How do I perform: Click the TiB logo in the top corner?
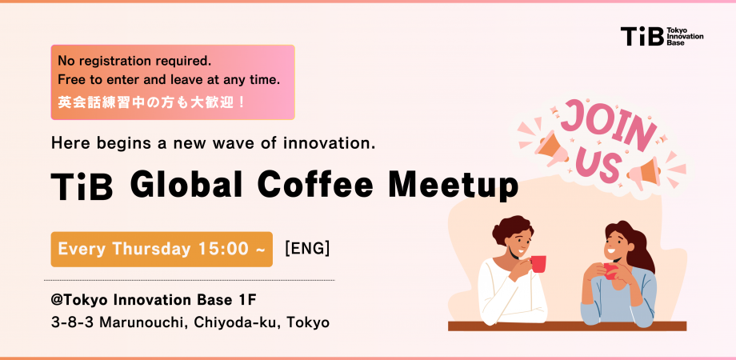tap(662, 36)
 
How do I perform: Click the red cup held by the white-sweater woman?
tap(538, 264)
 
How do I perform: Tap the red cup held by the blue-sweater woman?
tap(610, 271)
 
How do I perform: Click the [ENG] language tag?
tap(307, 249)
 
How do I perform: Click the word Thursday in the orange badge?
tap(152, 250)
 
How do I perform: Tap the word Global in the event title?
tap(186, 186)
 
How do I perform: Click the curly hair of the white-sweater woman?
tap(513, 228)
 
